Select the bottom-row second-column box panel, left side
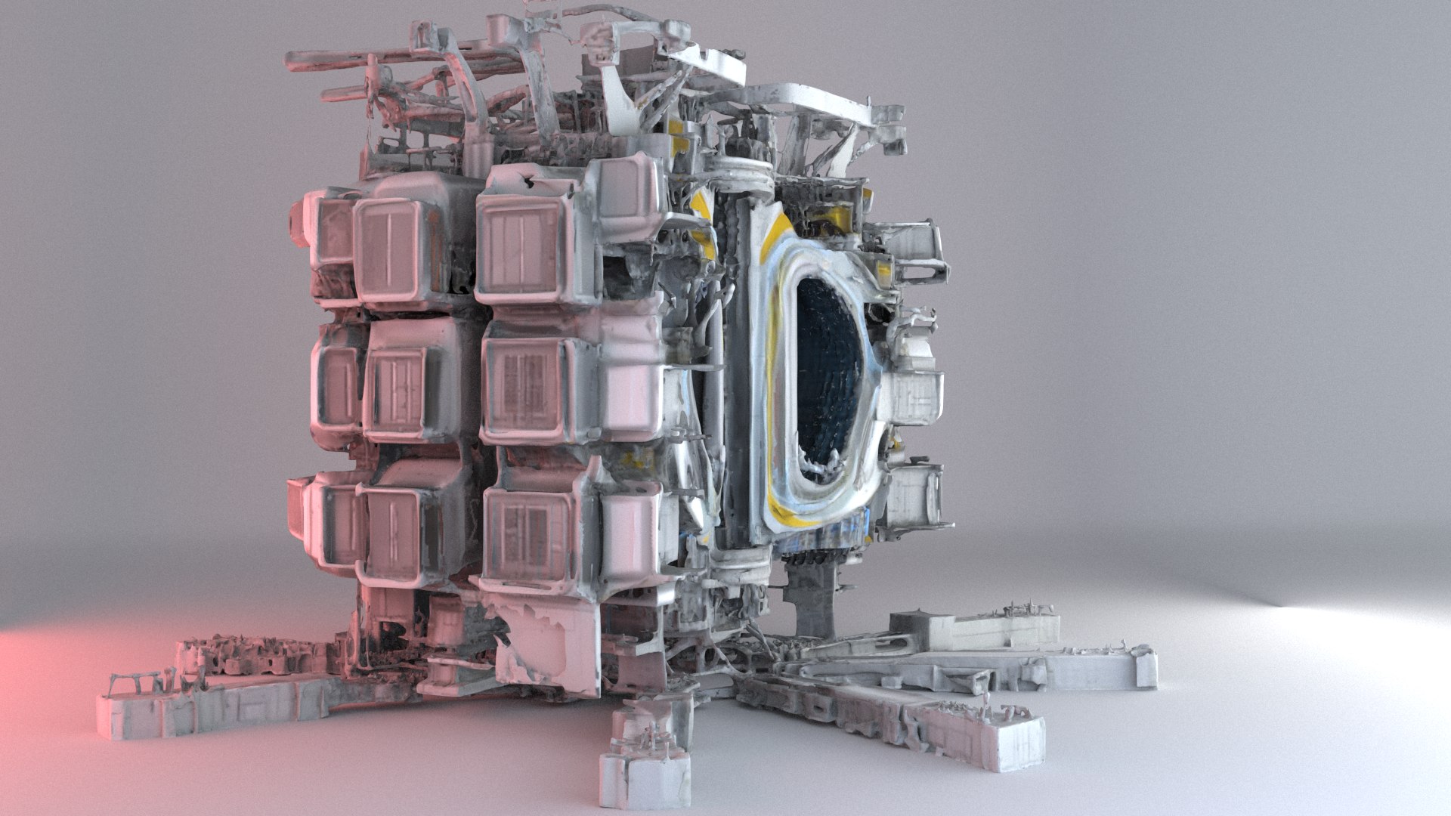(x=393, y=529)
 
